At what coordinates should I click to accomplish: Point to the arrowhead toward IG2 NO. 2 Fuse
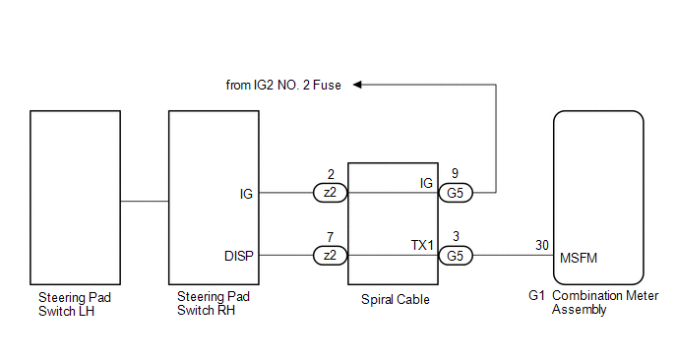[x=357, y=85]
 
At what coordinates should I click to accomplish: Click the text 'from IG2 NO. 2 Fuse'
[x=283, y=85]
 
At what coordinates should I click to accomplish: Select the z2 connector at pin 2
[x=331, y=193]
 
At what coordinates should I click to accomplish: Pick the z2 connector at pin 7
[x=331, y=255]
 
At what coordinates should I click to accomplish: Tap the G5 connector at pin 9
[x=456, y=193]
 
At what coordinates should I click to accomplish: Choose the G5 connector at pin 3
[x=456, y=256]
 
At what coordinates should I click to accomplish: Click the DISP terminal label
[x=239, y=256]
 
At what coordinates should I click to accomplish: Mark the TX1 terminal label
[x=422, y=245]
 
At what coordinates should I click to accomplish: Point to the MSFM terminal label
[x=579, y=258]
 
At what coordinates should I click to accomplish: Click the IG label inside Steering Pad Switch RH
[x=246, y=194]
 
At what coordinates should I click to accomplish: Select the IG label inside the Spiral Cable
[x=426, y=183]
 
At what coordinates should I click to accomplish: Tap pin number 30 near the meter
[x=542, y=245]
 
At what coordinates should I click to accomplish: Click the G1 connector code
[x=536, y=296]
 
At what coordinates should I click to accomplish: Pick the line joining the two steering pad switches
[x=145, y=201]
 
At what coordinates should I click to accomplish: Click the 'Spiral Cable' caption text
[x=396, y=300]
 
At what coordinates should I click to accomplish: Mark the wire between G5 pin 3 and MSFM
[x=514, y=255]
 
